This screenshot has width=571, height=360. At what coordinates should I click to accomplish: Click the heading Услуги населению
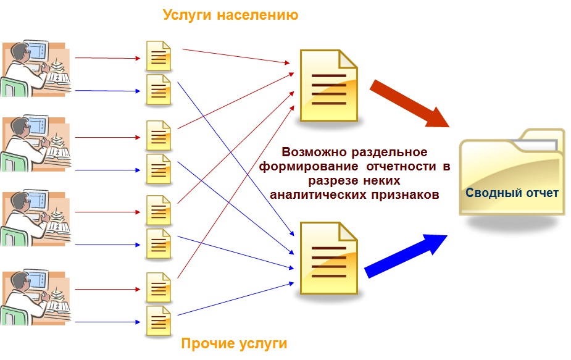tap(230, 15)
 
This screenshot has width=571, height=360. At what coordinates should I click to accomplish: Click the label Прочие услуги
tap(234, 343)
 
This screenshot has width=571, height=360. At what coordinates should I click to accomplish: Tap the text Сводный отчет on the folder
tap(512, 193)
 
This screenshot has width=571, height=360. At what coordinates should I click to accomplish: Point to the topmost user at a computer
tap(34, 67)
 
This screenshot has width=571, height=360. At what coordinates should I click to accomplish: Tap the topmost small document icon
tap(158, 56)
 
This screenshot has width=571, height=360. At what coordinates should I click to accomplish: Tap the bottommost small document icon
tap(158, 320)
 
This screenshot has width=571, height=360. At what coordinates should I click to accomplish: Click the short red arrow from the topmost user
tap(107, 59)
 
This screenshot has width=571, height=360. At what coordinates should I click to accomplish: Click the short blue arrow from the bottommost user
tap(107, 321)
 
